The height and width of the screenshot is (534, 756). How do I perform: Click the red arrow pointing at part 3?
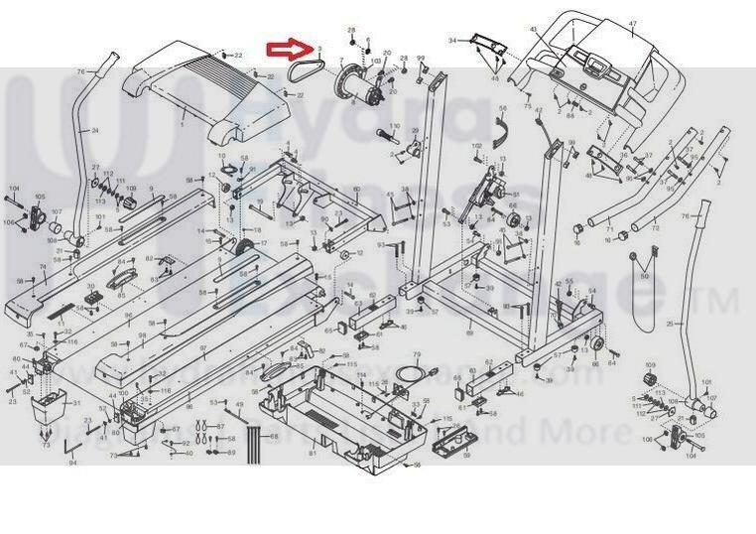(x=288, y=49)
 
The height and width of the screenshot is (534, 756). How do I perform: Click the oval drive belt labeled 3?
(x=304, y=70)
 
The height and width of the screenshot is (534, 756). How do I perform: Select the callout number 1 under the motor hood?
(x=182, y=127)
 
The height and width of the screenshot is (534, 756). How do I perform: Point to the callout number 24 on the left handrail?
(x=95, y=132)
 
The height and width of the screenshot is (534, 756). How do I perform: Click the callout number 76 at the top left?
(x=81, y=71)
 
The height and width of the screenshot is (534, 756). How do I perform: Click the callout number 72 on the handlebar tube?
(x=655, y=229)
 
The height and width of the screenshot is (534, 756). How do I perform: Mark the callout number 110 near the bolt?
(x=394, y=126)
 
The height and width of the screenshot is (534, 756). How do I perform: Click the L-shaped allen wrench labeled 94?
(x=69, y=449)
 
